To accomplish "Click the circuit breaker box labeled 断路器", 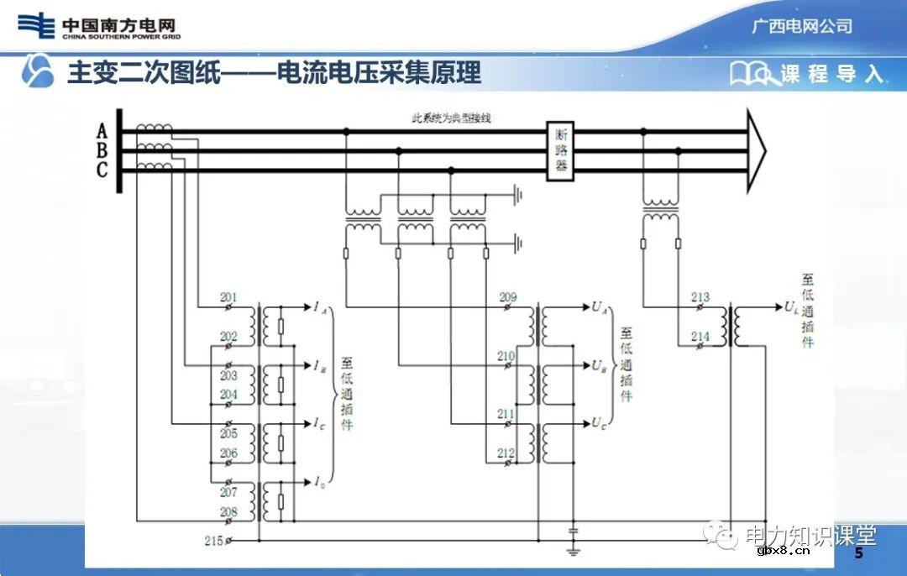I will (x=559, y=151).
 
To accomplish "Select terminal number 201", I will (x=228, y=298).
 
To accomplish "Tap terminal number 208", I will (x=228, y=511).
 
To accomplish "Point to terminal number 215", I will (x=214, y=541).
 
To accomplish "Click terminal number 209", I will (x=507, y=298).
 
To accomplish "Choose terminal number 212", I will (x=506, y=453).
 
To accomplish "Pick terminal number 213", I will (x=700, y=297).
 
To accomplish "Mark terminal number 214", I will (x=700, y=337).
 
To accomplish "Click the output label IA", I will (x=321, y=308).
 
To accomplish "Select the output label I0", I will (x=320, y=482).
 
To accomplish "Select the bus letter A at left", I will (x=102, y=132).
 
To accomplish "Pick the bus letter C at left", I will (x=102, y=170).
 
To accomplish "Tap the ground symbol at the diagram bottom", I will (x=573, y=550).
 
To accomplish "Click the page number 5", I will (x=858, y=554).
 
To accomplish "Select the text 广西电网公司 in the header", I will (x=802, y=26).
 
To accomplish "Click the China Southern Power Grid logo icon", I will (x=36, y=25).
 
